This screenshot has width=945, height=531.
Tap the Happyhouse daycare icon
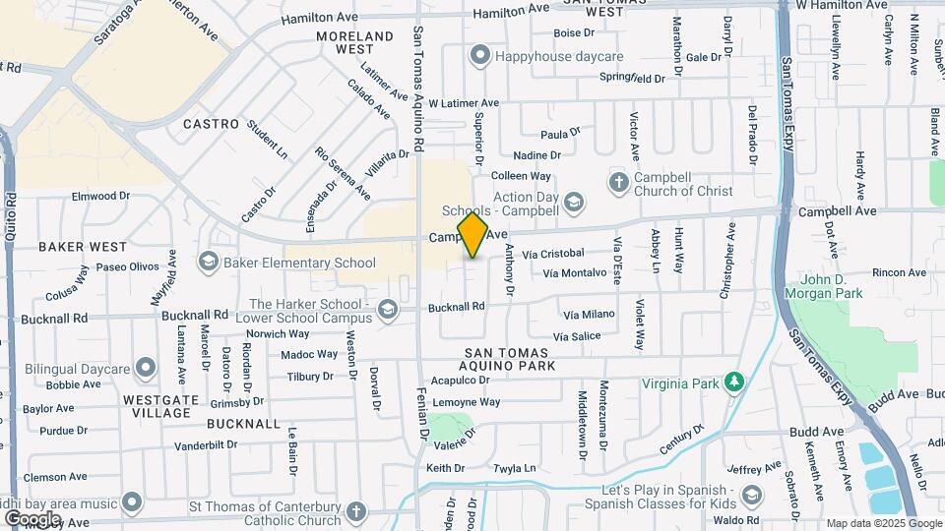tap(479, 55)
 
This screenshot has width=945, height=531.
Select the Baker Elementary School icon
tap(208, 262)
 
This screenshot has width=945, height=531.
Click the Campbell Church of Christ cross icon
tap(618, 182)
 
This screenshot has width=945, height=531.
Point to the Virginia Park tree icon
tap(732, 382)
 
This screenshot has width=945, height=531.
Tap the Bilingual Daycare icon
tap(147, 369)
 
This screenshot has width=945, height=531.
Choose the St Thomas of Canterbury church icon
tap(355, 511)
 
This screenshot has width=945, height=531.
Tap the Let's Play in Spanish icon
tap(752, 495)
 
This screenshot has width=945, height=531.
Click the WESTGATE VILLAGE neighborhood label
tap(157, 406)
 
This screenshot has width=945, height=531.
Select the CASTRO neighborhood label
tap(211, 124)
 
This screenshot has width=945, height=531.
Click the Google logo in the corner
tap(32, 518)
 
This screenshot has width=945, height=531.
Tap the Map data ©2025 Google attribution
tap(884, 523)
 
